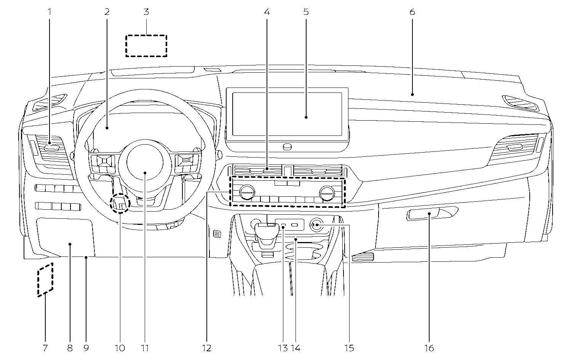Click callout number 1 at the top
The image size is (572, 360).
coord(49,12)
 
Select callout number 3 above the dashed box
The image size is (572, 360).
coord(146,12)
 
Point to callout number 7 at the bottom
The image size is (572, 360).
coord(45,347)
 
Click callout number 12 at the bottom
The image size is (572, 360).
coord(207,347)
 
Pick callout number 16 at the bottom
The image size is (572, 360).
coord(429,347)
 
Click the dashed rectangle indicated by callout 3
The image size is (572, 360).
coord(147,46)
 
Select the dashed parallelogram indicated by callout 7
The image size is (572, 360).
coord(45,279)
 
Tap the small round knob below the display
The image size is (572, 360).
coord(288,147)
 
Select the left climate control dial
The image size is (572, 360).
coord(247,192)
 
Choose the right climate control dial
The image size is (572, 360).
coord(326,192)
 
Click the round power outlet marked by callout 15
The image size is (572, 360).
coord(316,225)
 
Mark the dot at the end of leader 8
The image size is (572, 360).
coord(70,244)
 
